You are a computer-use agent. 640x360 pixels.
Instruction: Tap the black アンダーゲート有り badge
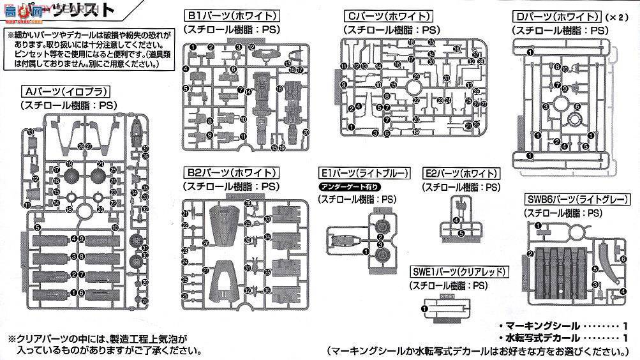(350, 186)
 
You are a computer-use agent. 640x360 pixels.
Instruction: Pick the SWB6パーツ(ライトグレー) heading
(576, 199)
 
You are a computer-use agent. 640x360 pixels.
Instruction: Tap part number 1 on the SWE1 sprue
(425, 308)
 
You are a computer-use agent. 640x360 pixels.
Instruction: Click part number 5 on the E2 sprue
(461, 234)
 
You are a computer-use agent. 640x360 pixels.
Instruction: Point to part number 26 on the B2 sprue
(205, 243)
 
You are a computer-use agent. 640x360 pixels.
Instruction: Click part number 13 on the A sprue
(31, 132)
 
